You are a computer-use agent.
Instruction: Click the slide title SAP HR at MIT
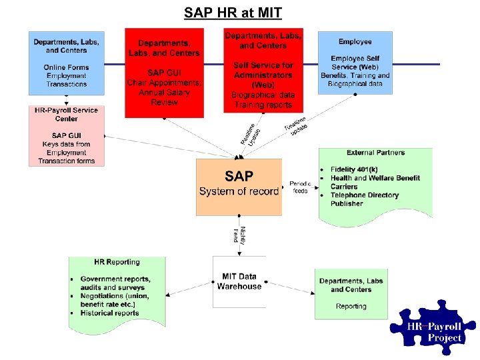point(233,13)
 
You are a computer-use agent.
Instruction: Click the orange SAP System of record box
point(239,184)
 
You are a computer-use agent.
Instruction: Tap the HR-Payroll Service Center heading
point(67,115)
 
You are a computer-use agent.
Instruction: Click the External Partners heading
point(375,153)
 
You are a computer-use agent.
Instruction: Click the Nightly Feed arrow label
point(239,235)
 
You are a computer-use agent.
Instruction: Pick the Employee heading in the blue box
point(355,41)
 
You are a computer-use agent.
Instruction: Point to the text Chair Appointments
point(164,83)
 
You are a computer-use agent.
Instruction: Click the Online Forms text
point(66,67)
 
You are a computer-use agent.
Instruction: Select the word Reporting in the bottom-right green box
point(351,306)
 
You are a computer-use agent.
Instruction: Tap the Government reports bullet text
point(115,279)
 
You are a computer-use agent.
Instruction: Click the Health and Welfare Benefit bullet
point(375,178)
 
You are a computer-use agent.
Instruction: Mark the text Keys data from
point(67,145)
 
